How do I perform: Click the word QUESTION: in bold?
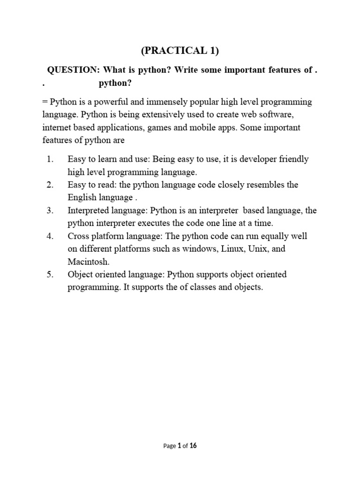(74, 70)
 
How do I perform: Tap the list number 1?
(50, 159)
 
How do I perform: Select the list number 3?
(50, 210)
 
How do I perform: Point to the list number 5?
(50, 274)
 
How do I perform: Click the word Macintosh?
(88, 262)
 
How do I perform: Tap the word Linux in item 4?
(232, 249)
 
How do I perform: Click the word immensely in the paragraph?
(151, 102)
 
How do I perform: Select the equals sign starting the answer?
(45, 102)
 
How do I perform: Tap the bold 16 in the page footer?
(193, 446)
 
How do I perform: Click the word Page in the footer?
(169, 446)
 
